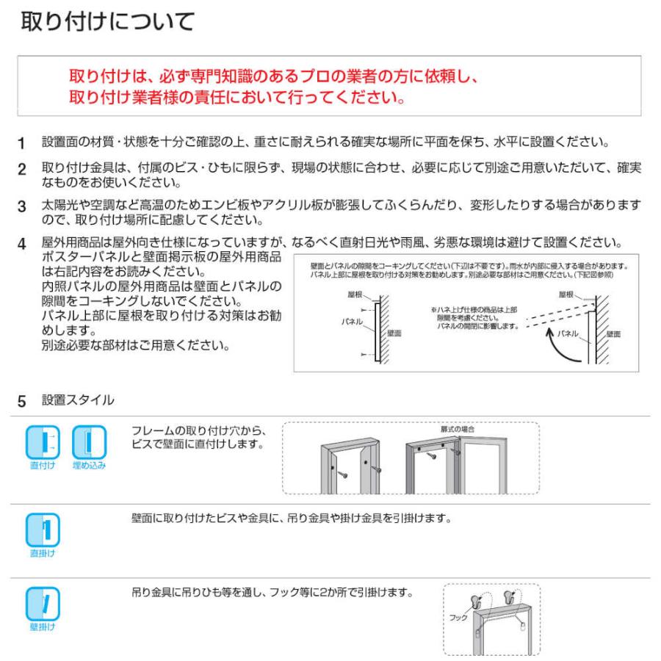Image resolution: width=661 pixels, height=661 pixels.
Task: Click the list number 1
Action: click(22, 142)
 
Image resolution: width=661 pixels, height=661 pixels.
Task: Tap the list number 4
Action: click(22, 243)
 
